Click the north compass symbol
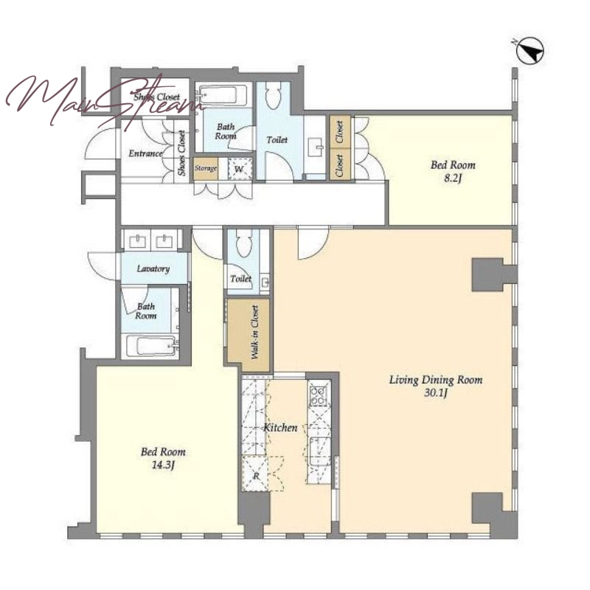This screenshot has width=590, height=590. [530, 50]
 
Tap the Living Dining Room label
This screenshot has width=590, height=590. [436, 380]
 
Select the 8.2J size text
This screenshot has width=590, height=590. [452, 178]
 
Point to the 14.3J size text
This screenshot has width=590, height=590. [163, 465]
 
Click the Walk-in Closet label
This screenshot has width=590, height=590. [255, 332]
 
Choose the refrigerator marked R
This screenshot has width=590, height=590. [256, 473]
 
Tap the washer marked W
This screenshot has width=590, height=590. [239, 169]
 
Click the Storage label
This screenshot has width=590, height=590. [206, 168]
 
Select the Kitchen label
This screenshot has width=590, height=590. [280, 428]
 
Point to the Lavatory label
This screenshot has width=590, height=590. [153, 268]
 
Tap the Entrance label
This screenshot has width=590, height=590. [145, 153]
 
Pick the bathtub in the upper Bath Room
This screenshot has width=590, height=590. [222, 94]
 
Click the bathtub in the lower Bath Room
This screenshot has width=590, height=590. [151, 345]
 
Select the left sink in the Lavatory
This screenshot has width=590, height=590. [137, 241]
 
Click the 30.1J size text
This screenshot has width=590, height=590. [435, 393]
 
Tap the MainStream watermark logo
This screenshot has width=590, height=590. [103, 99]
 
